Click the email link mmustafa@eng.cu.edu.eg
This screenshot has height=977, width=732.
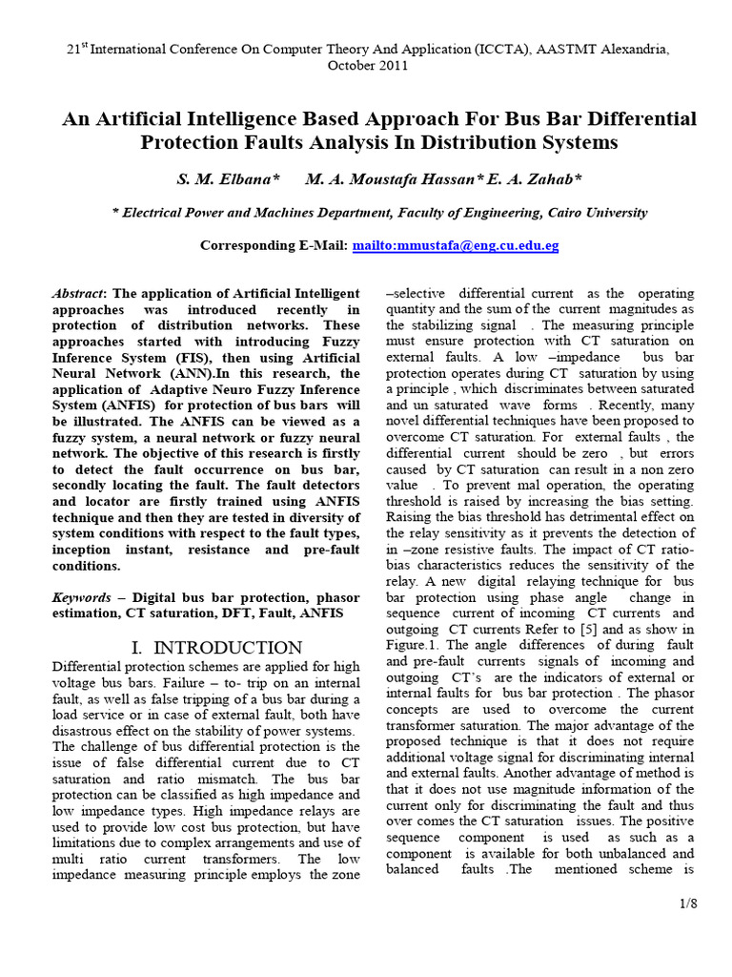point(456,245)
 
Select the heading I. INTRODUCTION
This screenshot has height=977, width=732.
point(215,648)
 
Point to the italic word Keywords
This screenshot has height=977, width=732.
point(80,596)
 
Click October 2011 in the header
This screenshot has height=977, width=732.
point(367,66)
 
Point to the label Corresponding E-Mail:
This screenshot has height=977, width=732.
point(274,245)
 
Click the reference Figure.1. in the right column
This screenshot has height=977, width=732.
point(415,646)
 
